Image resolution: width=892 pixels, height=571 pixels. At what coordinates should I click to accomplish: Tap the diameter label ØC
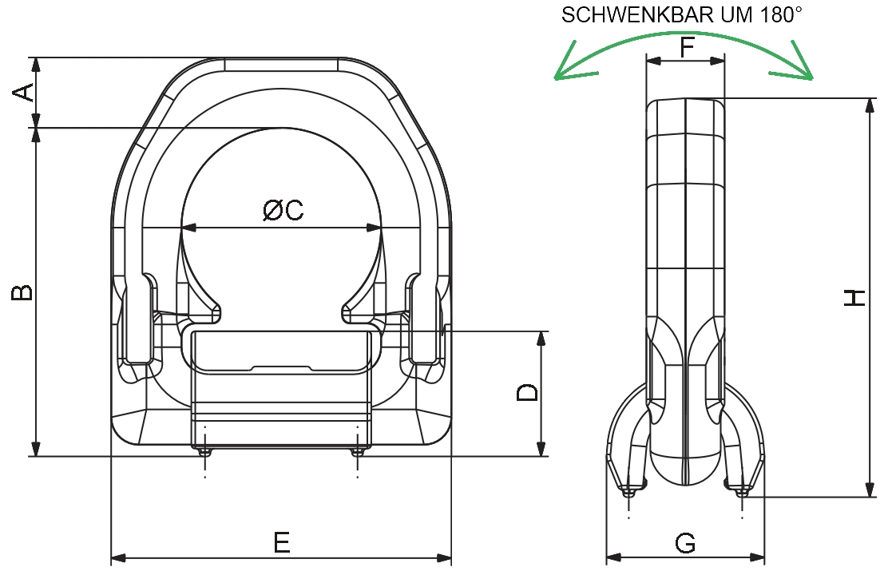[x=283, y=210]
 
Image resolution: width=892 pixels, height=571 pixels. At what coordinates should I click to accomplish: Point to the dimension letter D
[x=527, y=392]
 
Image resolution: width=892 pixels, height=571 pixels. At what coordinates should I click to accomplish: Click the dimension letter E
[x=281, y=543]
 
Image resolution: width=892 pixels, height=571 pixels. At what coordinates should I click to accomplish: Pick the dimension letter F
[x=686, y=49]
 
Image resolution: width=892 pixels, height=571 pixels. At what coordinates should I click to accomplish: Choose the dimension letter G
[x=685, y=544]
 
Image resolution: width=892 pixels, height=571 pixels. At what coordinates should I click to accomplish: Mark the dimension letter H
[x=854, y=298]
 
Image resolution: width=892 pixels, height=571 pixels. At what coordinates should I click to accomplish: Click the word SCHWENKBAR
[x=637, y=15]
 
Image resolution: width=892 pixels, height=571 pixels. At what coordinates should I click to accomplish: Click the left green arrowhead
[x=569, y=73]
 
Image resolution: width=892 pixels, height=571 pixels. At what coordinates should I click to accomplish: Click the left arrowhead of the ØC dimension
[x=188, y=228]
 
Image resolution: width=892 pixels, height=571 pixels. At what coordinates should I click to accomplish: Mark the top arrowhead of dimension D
[x=541, y=339]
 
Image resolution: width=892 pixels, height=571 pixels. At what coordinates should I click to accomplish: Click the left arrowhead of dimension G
[x=613, y=557]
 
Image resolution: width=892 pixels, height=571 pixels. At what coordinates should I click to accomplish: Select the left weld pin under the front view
[x=205, y=453]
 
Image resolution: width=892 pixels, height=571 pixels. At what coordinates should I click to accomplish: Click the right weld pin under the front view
[x=357, y=453]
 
